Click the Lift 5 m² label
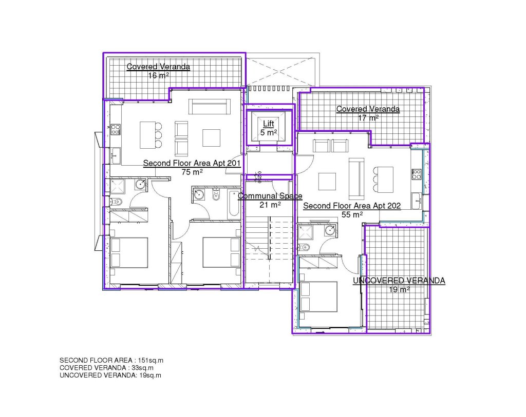[x=269, y=128]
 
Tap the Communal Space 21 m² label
[x=270, y=200]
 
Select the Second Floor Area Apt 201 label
[x=192, y=168]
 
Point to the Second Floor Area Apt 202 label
[x=352, y=210]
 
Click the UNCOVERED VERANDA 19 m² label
[x=399, y=285]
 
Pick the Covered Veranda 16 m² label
[x=158, y=71]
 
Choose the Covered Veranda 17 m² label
[x=368, y=113]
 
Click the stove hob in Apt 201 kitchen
[x=116, y=129]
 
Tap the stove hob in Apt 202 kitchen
[x=417, y=174]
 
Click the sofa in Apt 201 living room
[x=210, y=107]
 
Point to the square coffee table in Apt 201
[x=211, y=137]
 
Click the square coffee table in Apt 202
[x=327, y=182]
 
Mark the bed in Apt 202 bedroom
[x=318, y=297]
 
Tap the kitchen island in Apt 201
[x=148, y=135]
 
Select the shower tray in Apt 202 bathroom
[x=306, y=232]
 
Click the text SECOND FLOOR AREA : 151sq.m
[x=111, y=361]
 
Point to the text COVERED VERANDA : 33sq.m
[x=107, y=368]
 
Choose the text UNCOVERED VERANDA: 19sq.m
[x=110, y=375]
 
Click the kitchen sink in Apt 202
[x=416, y=201]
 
